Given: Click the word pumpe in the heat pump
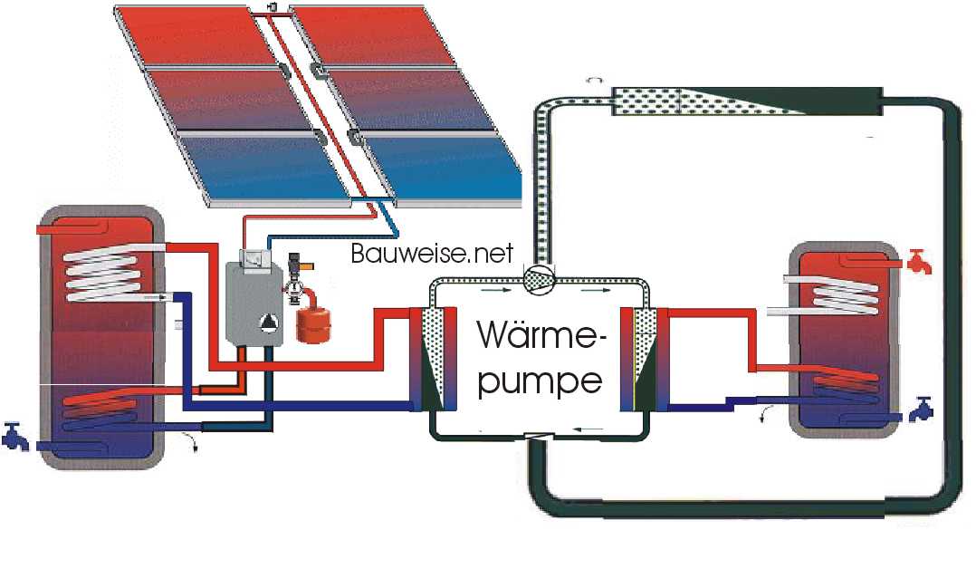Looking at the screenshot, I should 541,381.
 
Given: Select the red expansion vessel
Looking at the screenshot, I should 308,323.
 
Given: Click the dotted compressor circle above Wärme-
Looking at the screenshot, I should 541,281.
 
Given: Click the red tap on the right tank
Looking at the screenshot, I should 918,265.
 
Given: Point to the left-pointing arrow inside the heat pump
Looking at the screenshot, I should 589,429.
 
